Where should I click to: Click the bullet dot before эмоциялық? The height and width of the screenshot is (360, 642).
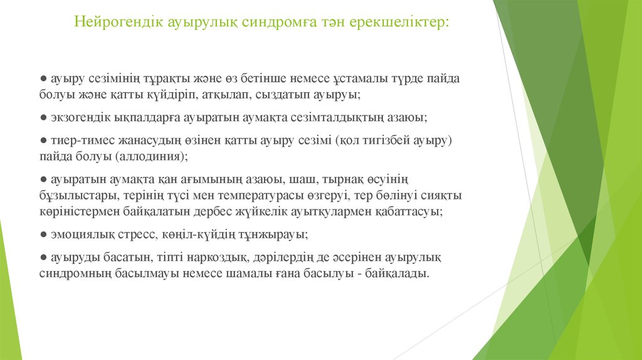[42, 235]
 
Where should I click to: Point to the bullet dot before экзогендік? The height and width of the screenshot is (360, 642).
[42, 118]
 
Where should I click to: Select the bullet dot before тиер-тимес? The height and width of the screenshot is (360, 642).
[42, 141]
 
